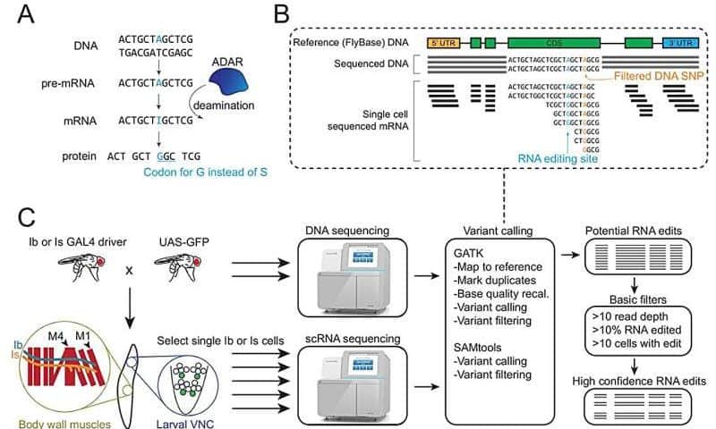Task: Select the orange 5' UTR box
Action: tap(444, 42)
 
